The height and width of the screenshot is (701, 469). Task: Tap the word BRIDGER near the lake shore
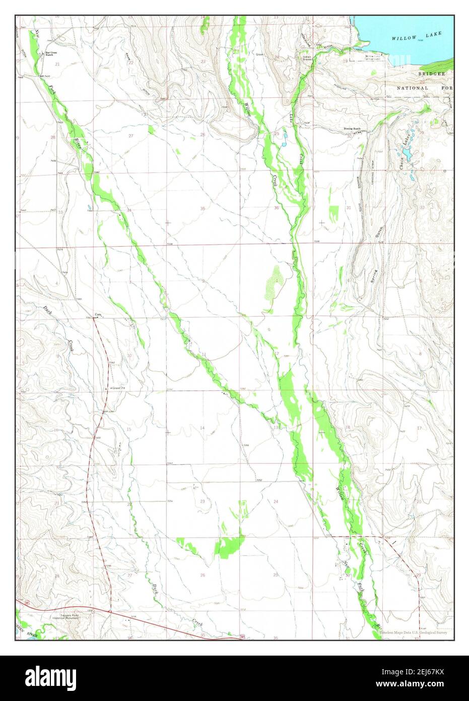(432, 74)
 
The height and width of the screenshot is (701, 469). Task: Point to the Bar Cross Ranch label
(49, 53)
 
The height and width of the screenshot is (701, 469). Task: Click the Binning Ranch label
(352, 129)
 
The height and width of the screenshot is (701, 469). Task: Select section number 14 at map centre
(203, 428)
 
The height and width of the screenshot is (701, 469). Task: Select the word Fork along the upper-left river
(52, 90)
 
